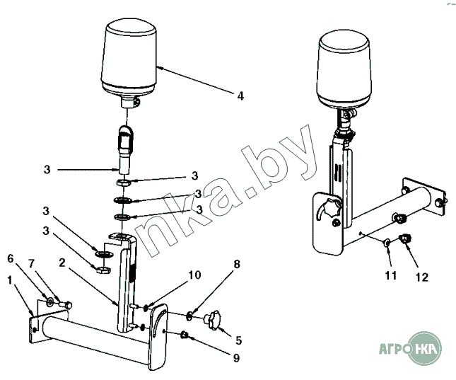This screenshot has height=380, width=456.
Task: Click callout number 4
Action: coord(240,96)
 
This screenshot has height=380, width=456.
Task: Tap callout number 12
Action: coord(422,277)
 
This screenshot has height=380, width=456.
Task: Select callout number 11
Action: coord(391,275)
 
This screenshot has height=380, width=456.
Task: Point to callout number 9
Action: coord(236,358)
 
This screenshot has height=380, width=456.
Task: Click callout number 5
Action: coord(239,340)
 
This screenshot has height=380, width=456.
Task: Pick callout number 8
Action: coord(237,264)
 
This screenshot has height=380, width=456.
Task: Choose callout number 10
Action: coord(195,275)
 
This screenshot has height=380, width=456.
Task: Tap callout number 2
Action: coord(62,263)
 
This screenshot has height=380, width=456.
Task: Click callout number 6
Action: coord(11,258)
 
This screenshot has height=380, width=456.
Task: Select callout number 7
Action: coord(31,264)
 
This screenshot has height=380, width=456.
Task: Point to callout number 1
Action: coord(10,280)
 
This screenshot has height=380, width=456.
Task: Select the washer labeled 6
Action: coord(49,301)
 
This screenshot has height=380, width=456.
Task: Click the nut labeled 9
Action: coord(184,335)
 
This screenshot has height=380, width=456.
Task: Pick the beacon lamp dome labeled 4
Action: coord(128,59)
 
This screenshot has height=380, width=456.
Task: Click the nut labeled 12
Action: coord(404,238)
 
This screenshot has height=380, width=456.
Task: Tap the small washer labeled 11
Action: coord(387,242)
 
